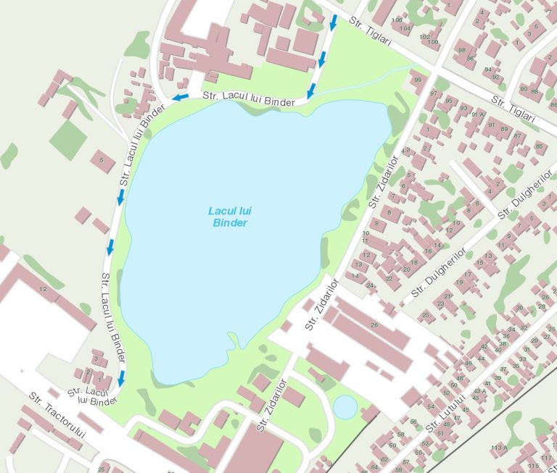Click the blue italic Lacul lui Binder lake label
pos(229,217)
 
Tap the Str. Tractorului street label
pos(57,415)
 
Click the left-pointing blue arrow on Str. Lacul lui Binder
pos(180,97)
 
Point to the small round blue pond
pos(345,407)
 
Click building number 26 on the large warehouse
pos(374,325)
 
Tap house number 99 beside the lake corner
pos(417,80)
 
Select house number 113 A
pos(498,448)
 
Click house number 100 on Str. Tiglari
pos(434,42)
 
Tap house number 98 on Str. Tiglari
pos(462,50)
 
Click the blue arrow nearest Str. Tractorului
pos(121,377)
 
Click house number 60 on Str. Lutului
pos(392,445)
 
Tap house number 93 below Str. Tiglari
pos(463,108)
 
